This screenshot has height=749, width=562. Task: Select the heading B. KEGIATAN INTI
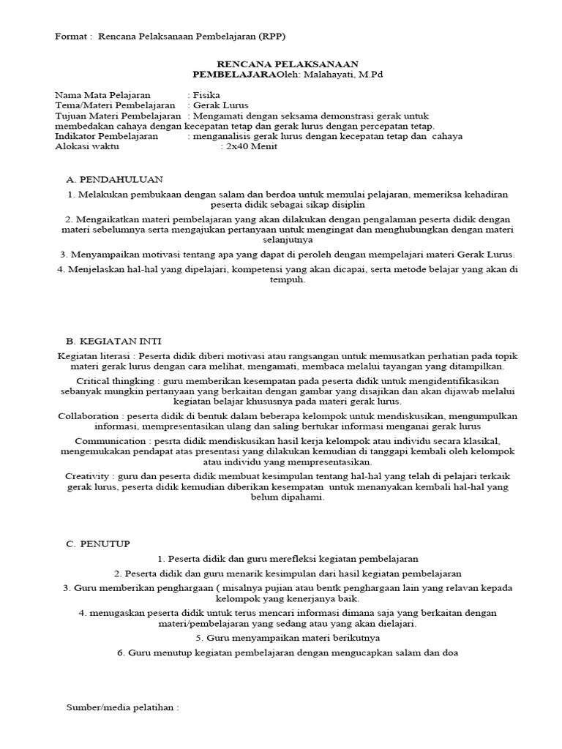pyautogui.click(x=114, y=341)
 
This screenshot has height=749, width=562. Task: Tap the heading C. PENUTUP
pyautogui.click(x=98, y=543)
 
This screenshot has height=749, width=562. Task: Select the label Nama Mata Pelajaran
pyautogui.click(x=102, y=95)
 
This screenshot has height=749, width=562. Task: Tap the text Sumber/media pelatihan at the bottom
pyautogui.click(x=122, y=708)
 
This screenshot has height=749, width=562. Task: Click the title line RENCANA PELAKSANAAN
pyautogui.click(x=281, y=64)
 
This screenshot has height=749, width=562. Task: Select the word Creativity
pyautogui.click(x=89, y=476)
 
